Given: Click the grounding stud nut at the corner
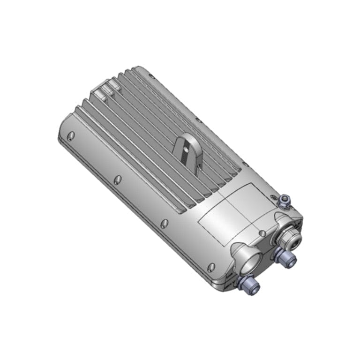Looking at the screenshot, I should [284, 201].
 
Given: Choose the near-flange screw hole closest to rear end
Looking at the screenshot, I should [71, 136].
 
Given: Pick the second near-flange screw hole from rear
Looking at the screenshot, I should [117, 180].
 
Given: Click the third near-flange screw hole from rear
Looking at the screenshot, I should [164, 224].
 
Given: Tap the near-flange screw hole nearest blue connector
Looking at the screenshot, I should [211, 267].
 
